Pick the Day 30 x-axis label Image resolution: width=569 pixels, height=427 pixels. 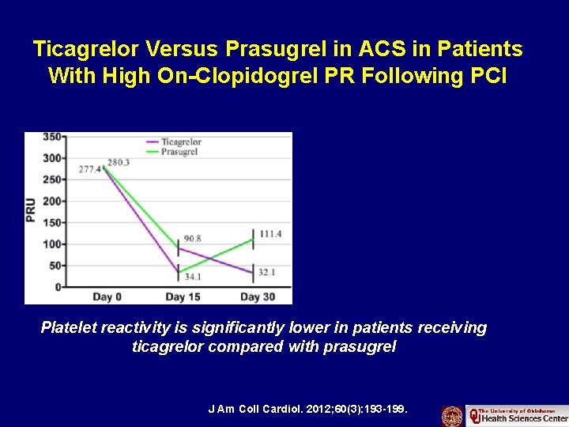click(257, 297)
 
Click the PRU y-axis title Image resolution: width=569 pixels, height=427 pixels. click(32, 210)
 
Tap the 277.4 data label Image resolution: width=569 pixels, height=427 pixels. click(90, 170)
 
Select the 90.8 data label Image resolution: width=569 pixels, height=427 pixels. click(193, 238)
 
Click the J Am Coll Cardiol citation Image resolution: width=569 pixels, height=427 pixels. click(307, 410)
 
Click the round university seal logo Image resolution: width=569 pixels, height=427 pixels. click(452, 416)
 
